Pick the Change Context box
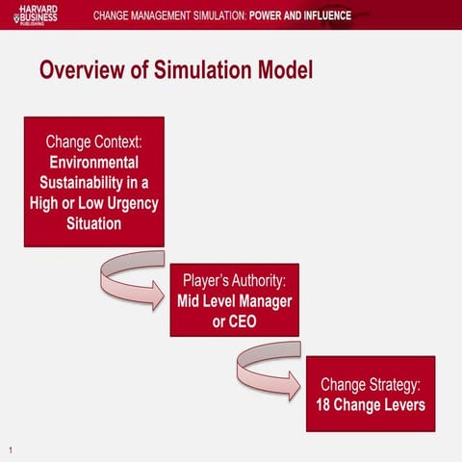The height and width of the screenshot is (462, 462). tap(93, 181)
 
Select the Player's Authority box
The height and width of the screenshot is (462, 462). tap(234, 299)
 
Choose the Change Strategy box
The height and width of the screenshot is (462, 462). tap(371, 394)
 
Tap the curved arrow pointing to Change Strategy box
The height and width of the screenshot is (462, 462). tap(269, 373)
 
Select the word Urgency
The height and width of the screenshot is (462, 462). tap(132, 203)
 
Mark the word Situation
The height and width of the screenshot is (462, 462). tap(94, 224)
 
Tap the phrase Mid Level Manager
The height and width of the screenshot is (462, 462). tap(235, 300)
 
